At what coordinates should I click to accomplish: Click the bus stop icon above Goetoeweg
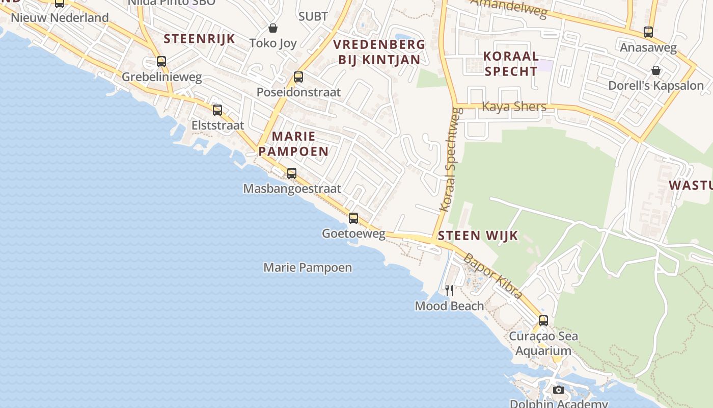[353, 218]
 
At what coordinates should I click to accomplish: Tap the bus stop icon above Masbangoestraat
[291, 173]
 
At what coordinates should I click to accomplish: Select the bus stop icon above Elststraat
[217, 110]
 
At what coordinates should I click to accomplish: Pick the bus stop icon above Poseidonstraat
[298, 77]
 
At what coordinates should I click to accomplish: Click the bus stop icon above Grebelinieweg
[161, 62]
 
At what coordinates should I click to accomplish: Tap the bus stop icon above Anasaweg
[648, 32]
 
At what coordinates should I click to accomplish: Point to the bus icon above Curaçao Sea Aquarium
[543, 321]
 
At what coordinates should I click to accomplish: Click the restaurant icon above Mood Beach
[449, 291]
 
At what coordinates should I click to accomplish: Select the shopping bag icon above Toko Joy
[273, 28]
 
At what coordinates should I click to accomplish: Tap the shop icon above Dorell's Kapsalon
[656, 70]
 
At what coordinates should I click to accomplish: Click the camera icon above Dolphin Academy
[559, 390]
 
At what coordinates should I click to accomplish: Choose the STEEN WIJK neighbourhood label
[478, 236]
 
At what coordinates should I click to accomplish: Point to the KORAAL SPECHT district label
[511, 64]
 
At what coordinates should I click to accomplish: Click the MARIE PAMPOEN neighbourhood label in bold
[293, 144]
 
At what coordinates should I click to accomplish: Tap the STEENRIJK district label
[199, 39]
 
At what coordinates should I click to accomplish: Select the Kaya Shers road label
[514, 107]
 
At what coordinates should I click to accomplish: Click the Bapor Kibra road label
[492, 276]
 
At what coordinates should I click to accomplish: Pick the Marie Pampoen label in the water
[308, 268]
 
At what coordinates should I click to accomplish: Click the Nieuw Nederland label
[60, 18]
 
